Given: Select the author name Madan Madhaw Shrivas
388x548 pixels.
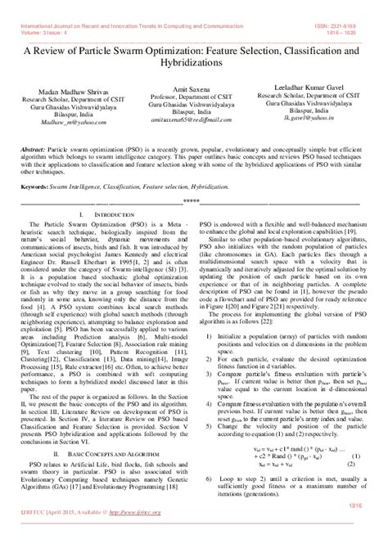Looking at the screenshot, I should pyautogui.click(x=69, y=101).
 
